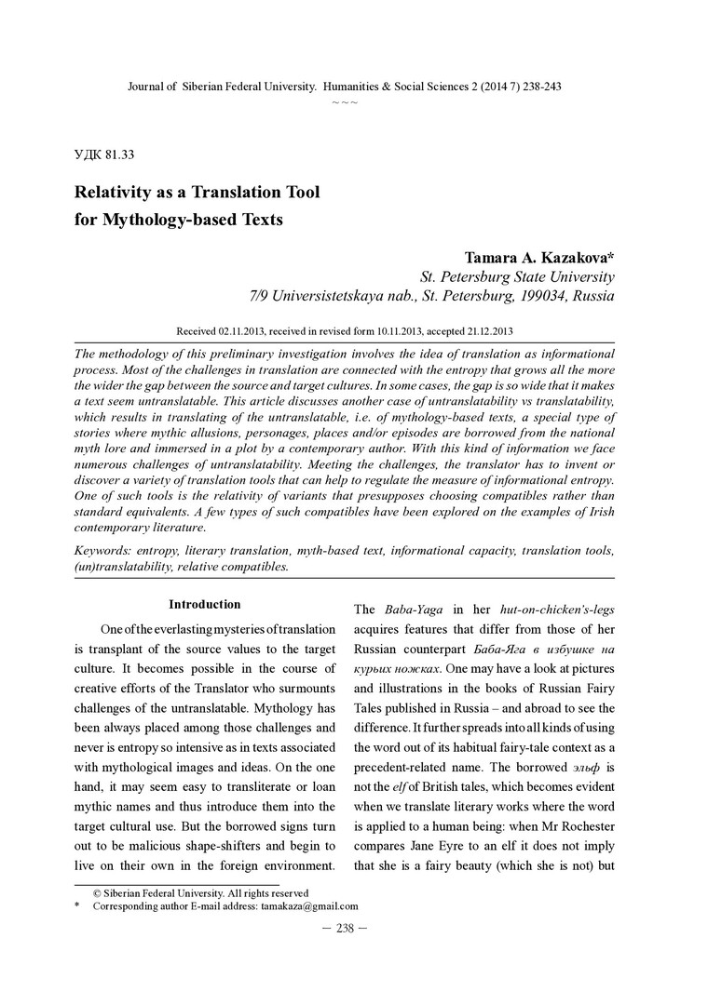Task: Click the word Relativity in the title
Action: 116,193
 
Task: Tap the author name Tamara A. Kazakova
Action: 532,257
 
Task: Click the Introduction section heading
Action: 204,605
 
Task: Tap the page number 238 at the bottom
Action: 345,928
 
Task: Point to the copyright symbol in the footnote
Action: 97,892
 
